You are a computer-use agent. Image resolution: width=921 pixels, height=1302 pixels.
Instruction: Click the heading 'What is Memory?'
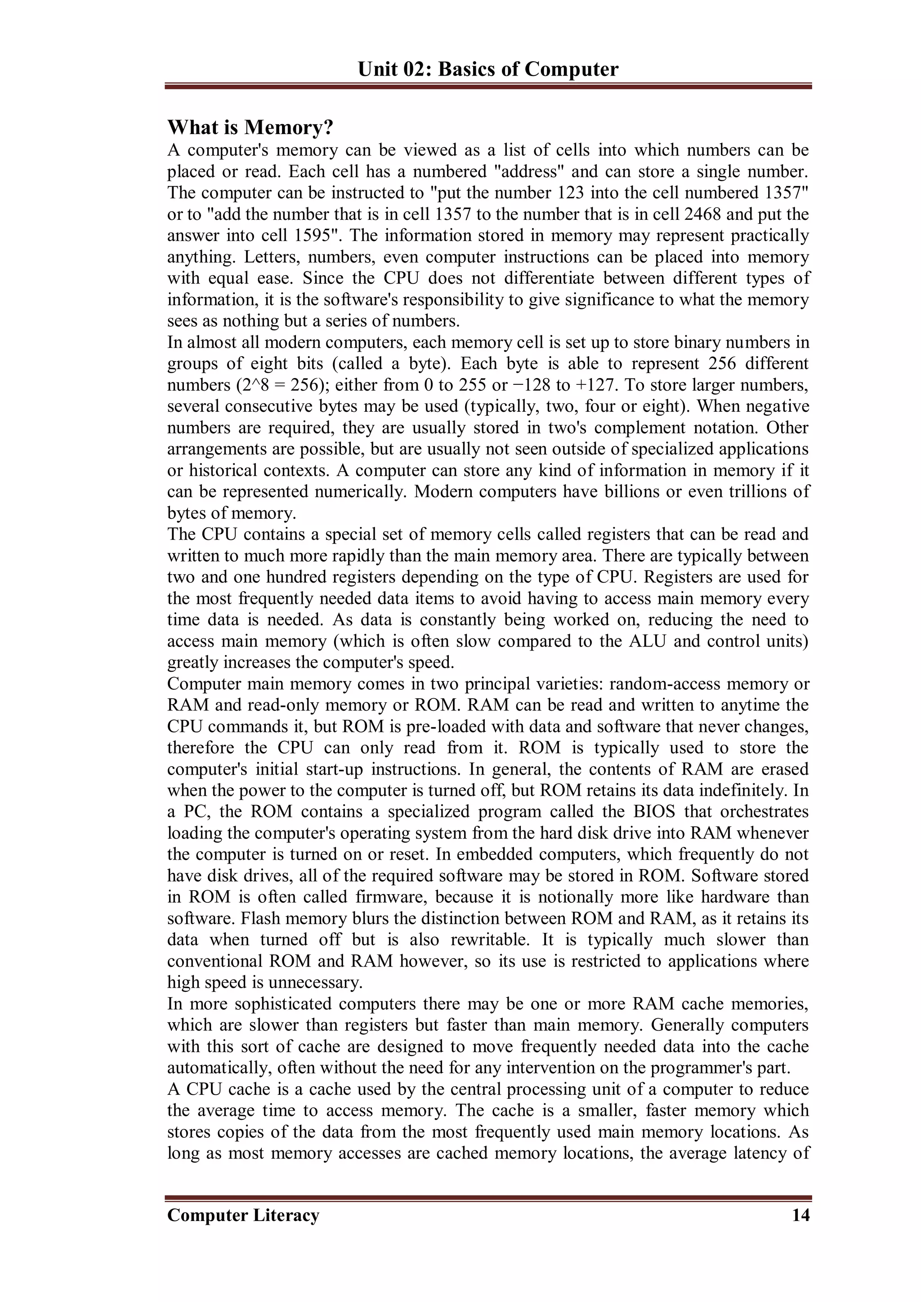coord(250,128)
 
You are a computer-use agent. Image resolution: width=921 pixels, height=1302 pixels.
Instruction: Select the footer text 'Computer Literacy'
coord(243,1215)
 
